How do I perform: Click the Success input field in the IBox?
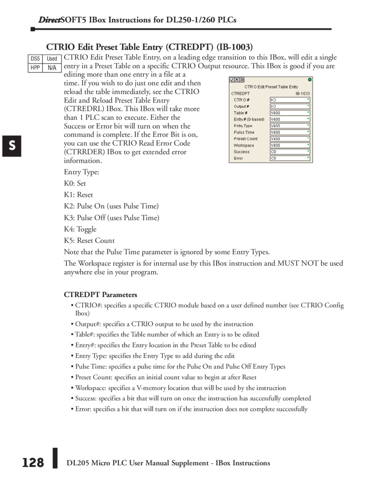pos(290,152)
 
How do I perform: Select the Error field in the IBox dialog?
pos(290,158)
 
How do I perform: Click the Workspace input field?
pos(290,145)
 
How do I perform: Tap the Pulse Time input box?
pos(290,132)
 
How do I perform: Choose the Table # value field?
pos(290,113)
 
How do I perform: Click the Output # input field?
pos(290,106)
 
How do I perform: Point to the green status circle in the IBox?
pos(310,80)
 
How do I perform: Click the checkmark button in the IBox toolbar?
pos(232,80)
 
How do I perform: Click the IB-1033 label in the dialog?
pos(302,93)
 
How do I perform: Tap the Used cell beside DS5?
pos(52,59)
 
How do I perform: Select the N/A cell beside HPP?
pos(52,68)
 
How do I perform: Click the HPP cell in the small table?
pos(35,68)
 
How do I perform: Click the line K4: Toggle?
pos(80,229)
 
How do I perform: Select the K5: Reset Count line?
pos(89,241)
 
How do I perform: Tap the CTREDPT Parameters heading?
pos(101,295)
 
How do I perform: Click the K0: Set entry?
pos(75,183)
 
